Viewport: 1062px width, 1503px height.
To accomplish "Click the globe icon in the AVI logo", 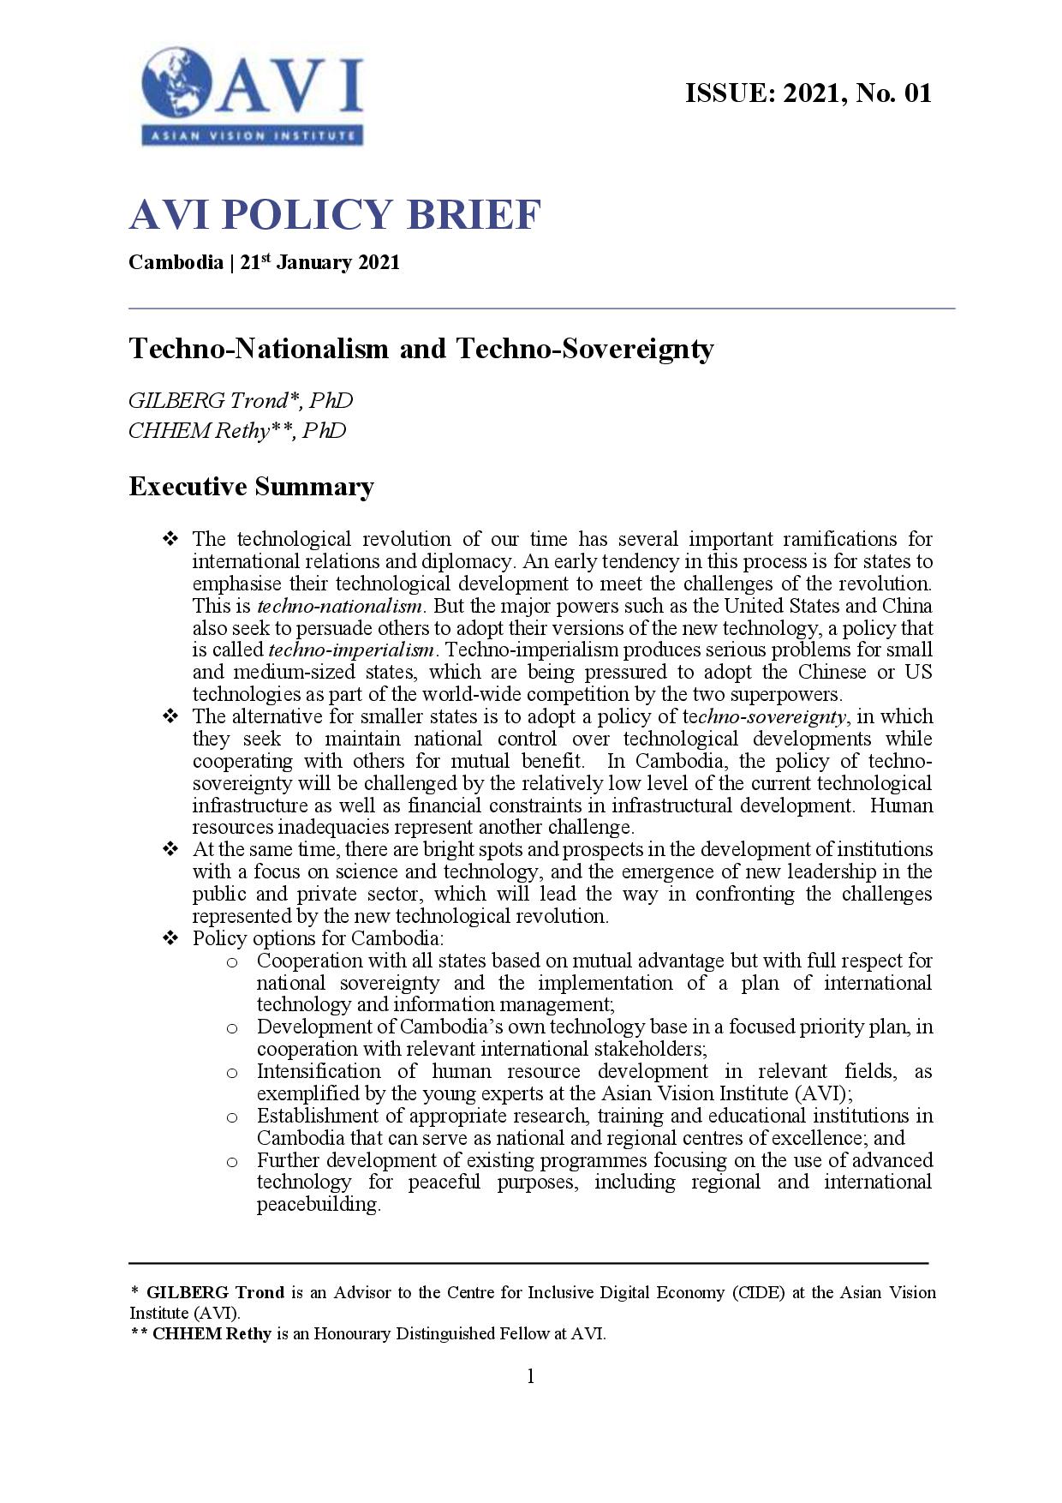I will pyautogui.click(x=178, y=82).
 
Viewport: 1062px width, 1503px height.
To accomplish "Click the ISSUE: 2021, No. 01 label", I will pyautogui.click(x=808, y=93).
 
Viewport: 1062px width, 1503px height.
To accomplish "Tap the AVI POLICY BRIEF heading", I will pyautogui.click(x=335, y=214).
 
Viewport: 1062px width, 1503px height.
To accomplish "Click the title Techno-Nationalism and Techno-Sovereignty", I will pyautogui.click(x=421, y=349).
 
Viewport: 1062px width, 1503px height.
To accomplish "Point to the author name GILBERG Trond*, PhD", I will pyautogui.click(x=240, y=400).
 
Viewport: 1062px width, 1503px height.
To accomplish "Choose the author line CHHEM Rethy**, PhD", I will pyautogui.click(x=237, y=430).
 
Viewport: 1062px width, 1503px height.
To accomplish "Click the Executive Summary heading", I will pyautogui.click(x=251, y=487).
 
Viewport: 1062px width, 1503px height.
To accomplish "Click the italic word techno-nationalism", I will pyautogui.click(x=339, y=606).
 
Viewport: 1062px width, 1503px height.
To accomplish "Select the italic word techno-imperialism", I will pyautogui.click(x=351, y=650).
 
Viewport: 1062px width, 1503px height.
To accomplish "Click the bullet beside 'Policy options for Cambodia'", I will pyautogui.click(x=170, y=938).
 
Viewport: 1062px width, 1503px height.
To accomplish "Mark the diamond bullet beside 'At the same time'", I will pyautogui.click(x=170, y=849).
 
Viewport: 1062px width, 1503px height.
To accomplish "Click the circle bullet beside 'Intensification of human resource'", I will pyautogui.click(x=232, y=1072).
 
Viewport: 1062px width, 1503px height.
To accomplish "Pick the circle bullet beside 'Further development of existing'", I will pyautogui.click(x=232, y=1161).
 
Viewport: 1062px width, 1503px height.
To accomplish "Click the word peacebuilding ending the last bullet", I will pyautogui.click(x=318, y=1204).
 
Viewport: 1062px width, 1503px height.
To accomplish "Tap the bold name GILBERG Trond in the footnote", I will pyautogui.click(x=215, y=1292).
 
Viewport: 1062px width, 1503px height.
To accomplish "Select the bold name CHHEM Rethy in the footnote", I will pyautogui.click(x=212, y=1333).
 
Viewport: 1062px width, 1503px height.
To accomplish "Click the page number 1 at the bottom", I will pyautogui.click(x=530, y=1376).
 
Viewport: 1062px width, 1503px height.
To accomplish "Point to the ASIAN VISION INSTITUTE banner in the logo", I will pyautogui.click(x=253, y=135).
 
